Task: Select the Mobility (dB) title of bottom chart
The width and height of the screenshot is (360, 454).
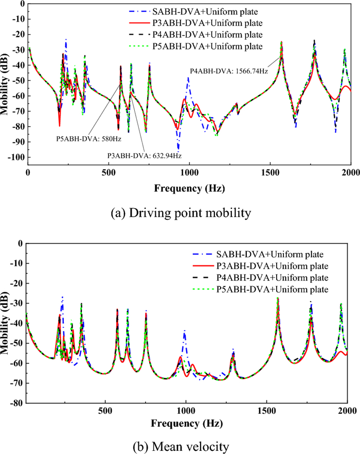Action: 6,323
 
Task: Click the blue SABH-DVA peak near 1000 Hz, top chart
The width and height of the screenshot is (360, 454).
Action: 188,78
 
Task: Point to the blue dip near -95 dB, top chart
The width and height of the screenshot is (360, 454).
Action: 178,149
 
